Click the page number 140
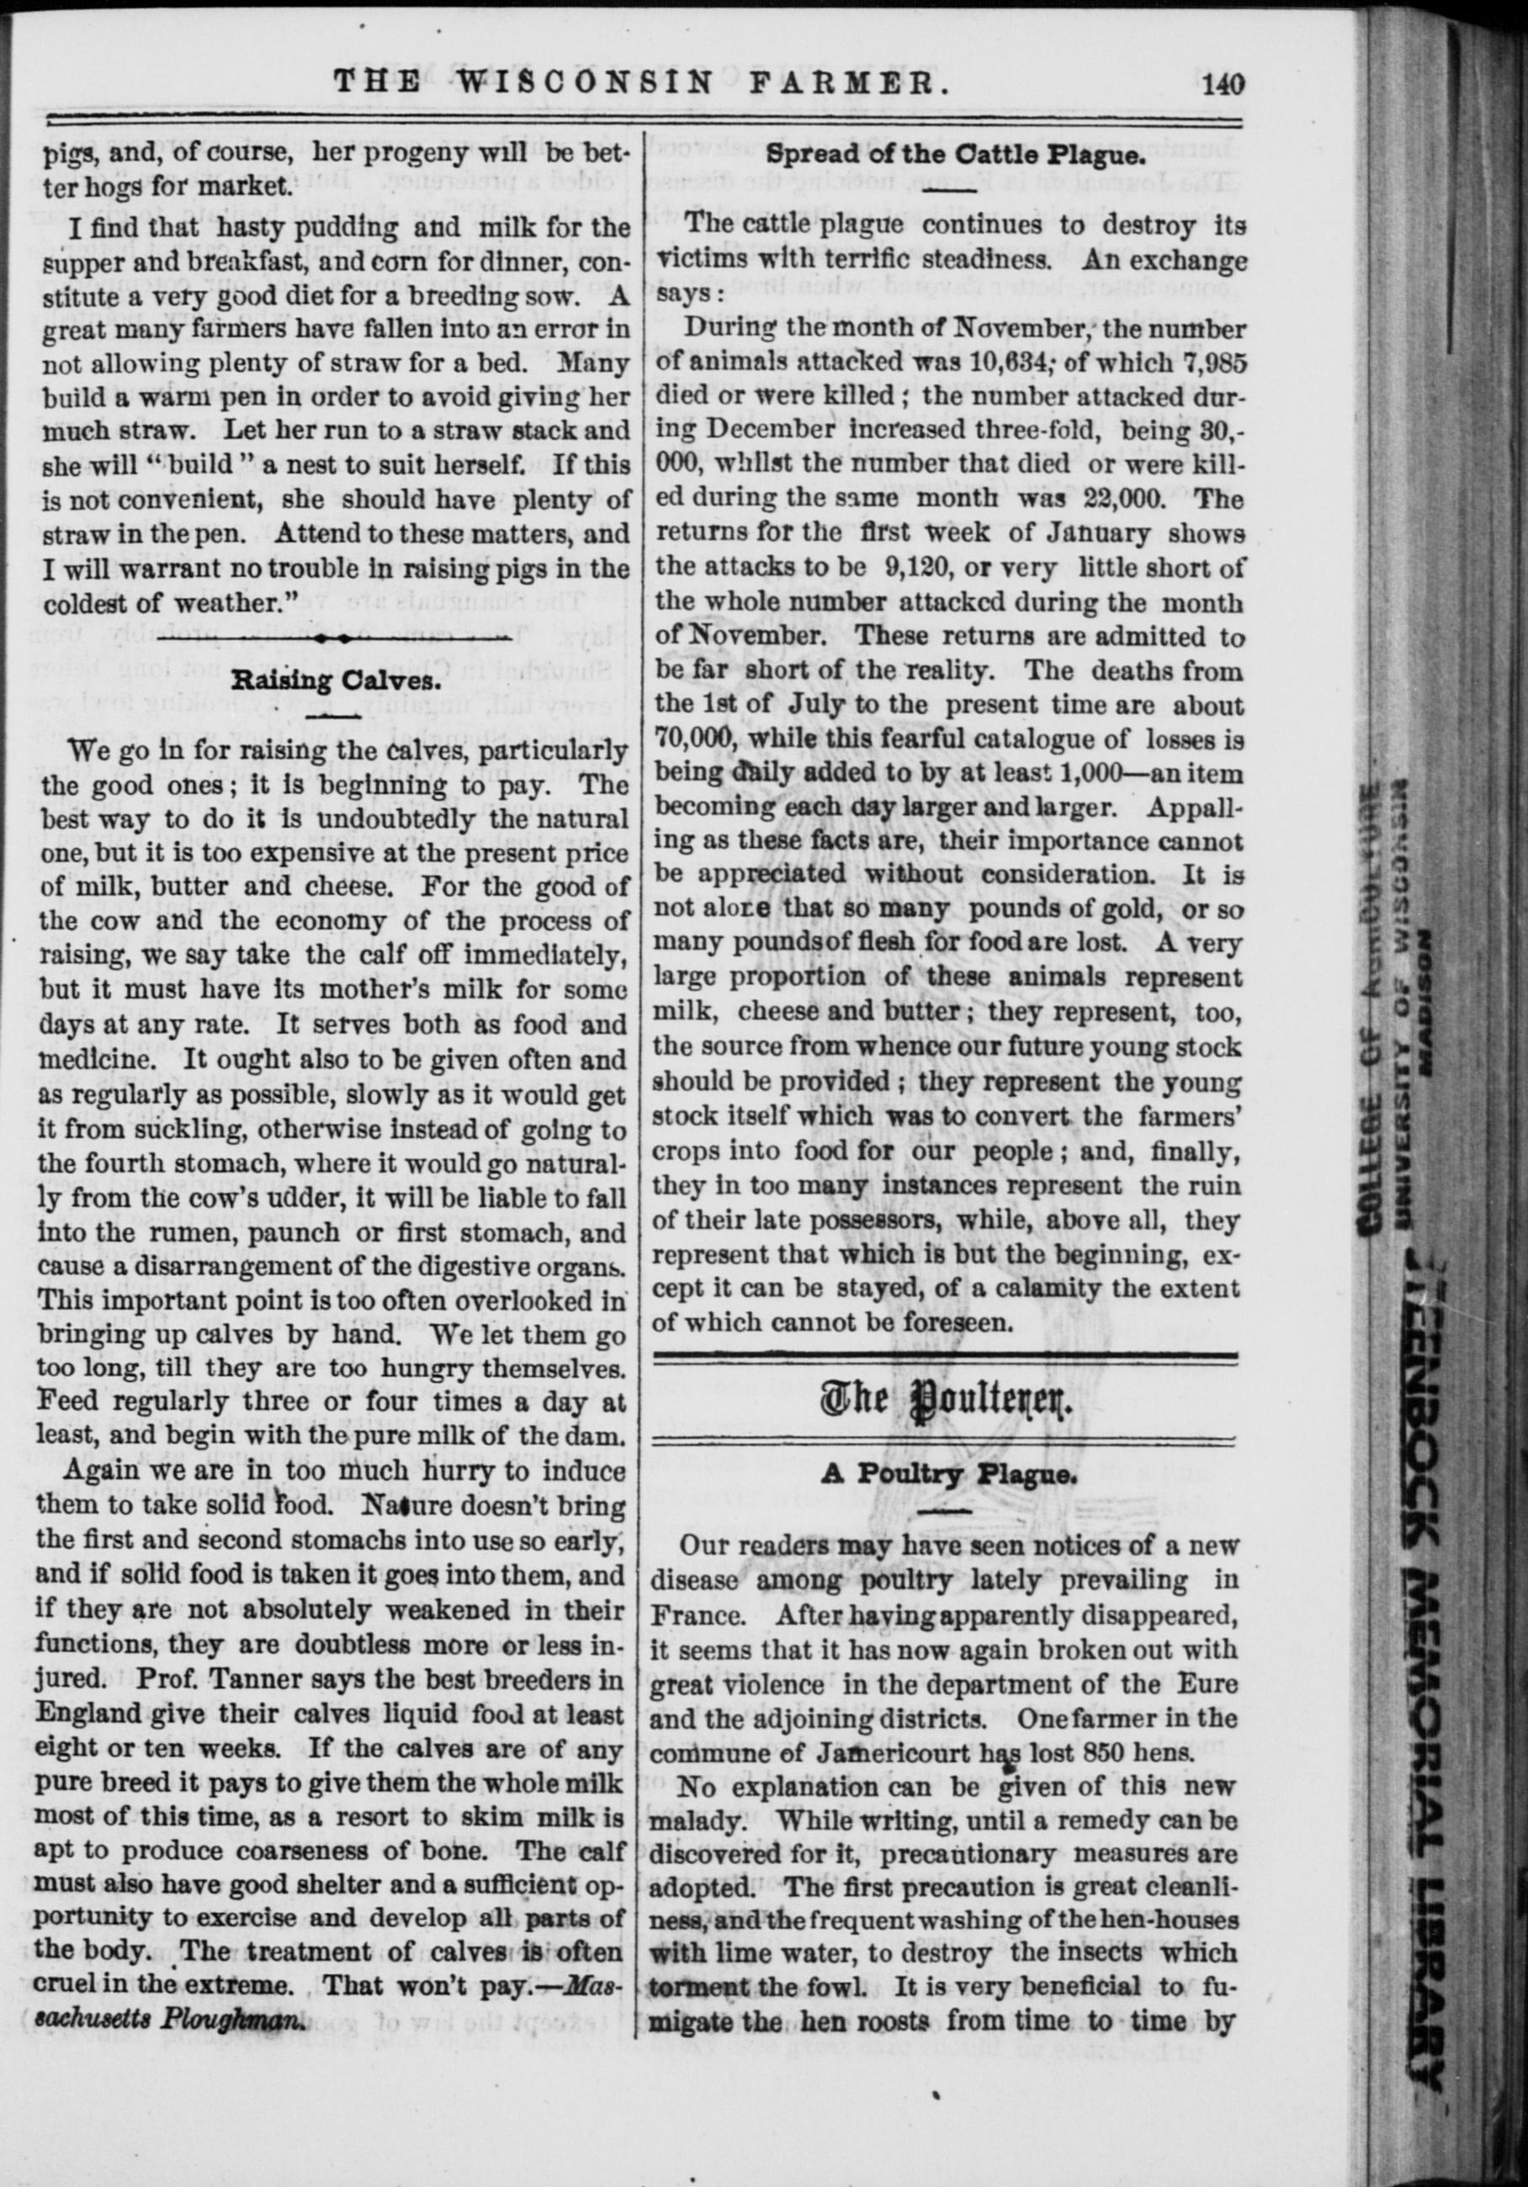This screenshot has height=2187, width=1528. (x=1223, y=85)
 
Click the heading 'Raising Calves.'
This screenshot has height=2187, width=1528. (x=337, y=681)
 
